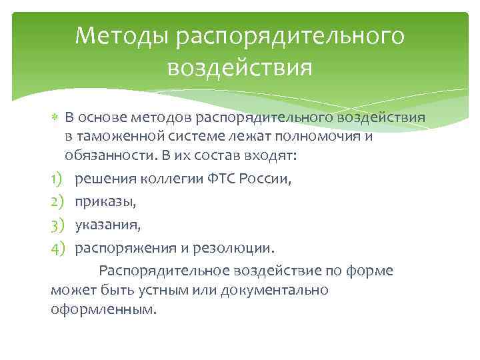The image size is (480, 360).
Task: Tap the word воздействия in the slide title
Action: pos(240,67)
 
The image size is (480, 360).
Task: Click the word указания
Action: pos(107,225)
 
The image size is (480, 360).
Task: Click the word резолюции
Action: pos(234,248)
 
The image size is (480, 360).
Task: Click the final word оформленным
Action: pos(103,311)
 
